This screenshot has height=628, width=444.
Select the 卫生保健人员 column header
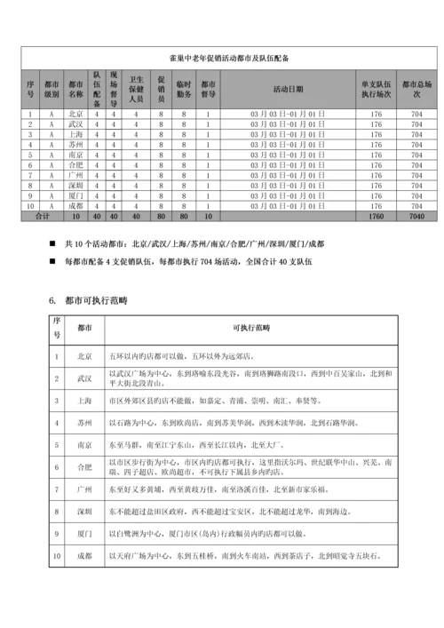click(136, 89)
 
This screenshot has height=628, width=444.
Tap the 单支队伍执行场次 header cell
click(376, 89)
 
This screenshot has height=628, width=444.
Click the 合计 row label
click(42, 216)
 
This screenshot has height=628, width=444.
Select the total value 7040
click(417, 216)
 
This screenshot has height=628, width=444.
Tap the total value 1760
click(376, 216)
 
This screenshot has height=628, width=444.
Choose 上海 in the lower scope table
click(84, 401)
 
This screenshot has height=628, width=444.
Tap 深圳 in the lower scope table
click(84, 513)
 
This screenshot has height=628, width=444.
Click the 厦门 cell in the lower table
click(84, 535)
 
